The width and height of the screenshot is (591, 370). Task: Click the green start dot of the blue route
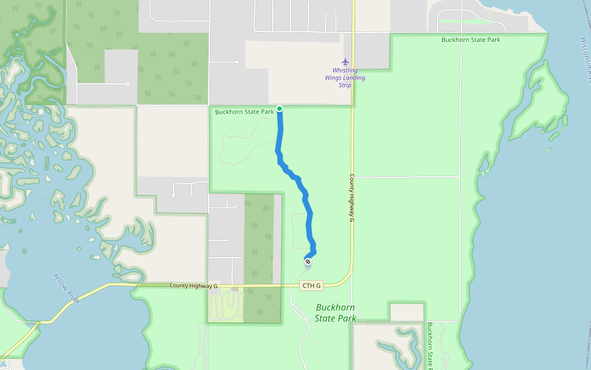click(279, 109)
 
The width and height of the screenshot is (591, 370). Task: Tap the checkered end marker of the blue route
click(308, 261)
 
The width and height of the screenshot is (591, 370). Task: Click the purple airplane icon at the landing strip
click(345, 62)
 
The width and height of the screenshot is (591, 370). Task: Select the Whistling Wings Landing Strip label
click(345, 78)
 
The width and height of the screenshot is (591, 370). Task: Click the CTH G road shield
click(311, 286)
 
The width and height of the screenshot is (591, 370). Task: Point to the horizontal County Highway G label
click(194, 286)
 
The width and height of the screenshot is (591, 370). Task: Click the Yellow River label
click(66, 288)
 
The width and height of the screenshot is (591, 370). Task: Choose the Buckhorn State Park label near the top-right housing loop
click(470, 40)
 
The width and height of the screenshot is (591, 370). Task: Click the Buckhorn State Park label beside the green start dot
click(244, 112)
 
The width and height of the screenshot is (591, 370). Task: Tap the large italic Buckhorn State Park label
click(336, 313)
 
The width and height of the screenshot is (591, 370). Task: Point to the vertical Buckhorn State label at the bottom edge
click(430, 345)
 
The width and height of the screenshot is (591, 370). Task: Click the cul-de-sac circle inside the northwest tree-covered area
click(127, 83)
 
